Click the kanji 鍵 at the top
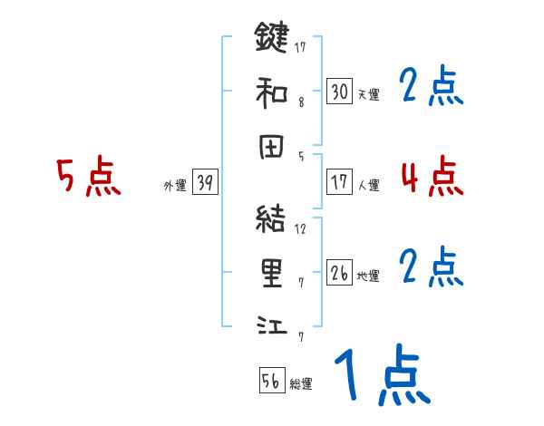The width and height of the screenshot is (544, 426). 271,40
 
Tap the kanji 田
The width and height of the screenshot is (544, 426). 271,147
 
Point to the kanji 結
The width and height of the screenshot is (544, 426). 271,220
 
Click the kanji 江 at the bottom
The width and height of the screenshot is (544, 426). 271,324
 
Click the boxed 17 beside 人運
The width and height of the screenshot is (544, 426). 339,181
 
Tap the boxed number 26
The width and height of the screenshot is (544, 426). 339,273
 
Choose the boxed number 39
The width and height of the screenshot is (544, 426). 205,183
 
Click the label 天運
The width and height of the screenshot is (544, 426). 368,93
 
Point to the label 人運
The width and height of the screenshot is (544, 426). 368,185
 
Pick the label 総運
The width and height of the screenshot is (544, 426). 300,383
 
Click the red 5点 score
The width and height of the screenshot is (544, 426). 89,177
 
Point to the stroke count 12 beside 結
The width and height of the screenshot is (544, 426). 300,228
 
